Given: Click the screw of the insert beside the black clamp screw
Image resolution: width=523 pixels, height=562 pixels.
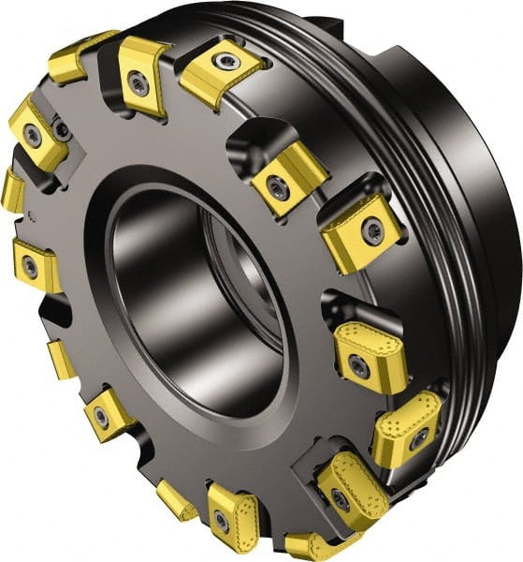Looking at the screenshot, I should [x=34, y=137].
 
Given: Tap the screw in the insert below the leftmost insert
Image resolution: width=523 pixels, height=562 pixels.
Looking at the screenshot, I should [x=31, y=267].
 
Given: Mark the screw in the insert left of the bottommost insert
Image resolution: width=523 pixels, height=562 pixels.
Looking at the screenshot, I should [x=222, y=517].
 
